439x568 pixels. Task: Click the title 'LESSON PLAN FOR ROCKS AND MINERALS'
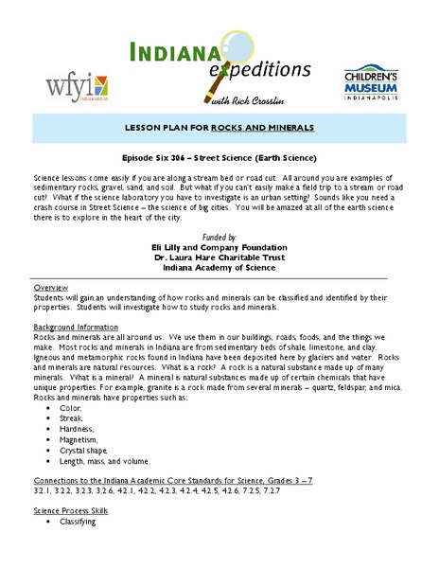coord(219,126)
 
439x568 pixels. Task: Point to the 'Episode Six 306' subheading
coord(219,158)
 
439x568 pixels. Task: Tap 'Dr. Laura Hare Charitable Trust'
coord(219,257)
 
